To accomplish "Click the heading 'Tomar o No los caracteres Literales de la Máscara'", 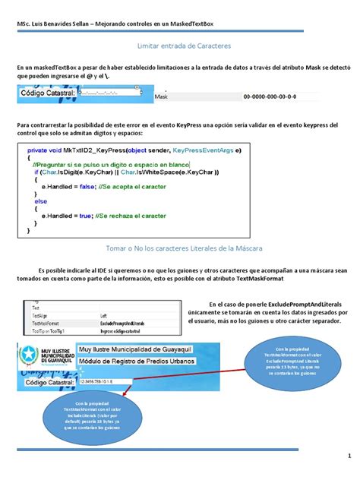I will click(x=179, y=248).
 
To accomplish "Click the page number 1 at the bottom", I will click(x=348, y=457).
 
